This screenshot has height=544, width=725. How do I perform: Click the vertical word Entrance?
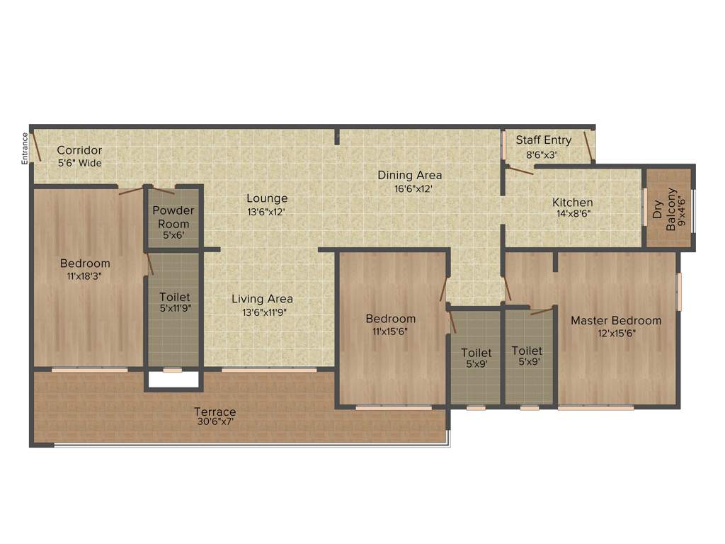(25, 149)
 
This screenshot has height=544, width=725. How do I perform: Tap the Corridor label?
(79, 150)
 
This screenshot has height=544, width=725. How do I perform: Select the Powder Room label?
(173, 217)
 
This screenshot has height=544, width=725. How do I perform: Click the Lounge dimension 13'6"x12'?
(267, 211)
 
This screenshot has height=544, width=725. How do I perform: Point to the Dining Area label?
(409, 175)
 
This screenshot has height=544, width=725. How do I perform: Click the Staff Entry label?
(543, 140)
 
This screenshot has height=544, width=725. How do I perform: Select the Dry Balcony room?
(668, 208)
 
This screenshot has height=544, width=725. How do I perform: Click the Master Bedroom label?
(616, 320)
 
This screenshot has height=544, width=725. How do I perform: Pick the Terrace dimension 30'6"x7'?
(215, 422)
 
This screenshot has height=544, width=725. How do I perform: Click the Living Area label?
(262, 299)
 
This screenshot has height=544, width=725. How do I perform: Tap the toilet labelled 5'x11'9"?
(175, 308)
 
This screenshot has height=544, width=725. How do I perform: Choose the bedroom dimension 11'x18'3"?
(85, 276)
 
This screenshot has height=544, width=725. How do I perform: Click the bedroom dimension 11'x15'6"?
(390, 331)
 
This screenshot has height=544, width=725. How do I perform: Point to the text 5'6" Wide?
(79, 163)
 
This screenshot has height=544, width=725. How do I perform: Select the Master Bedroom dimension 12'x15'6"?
(616, 333)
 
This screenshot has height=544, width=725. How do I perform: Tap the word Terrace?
(215, 412)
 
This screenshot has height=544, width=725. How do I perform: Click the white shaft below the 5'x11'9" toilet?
(173, 380)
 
